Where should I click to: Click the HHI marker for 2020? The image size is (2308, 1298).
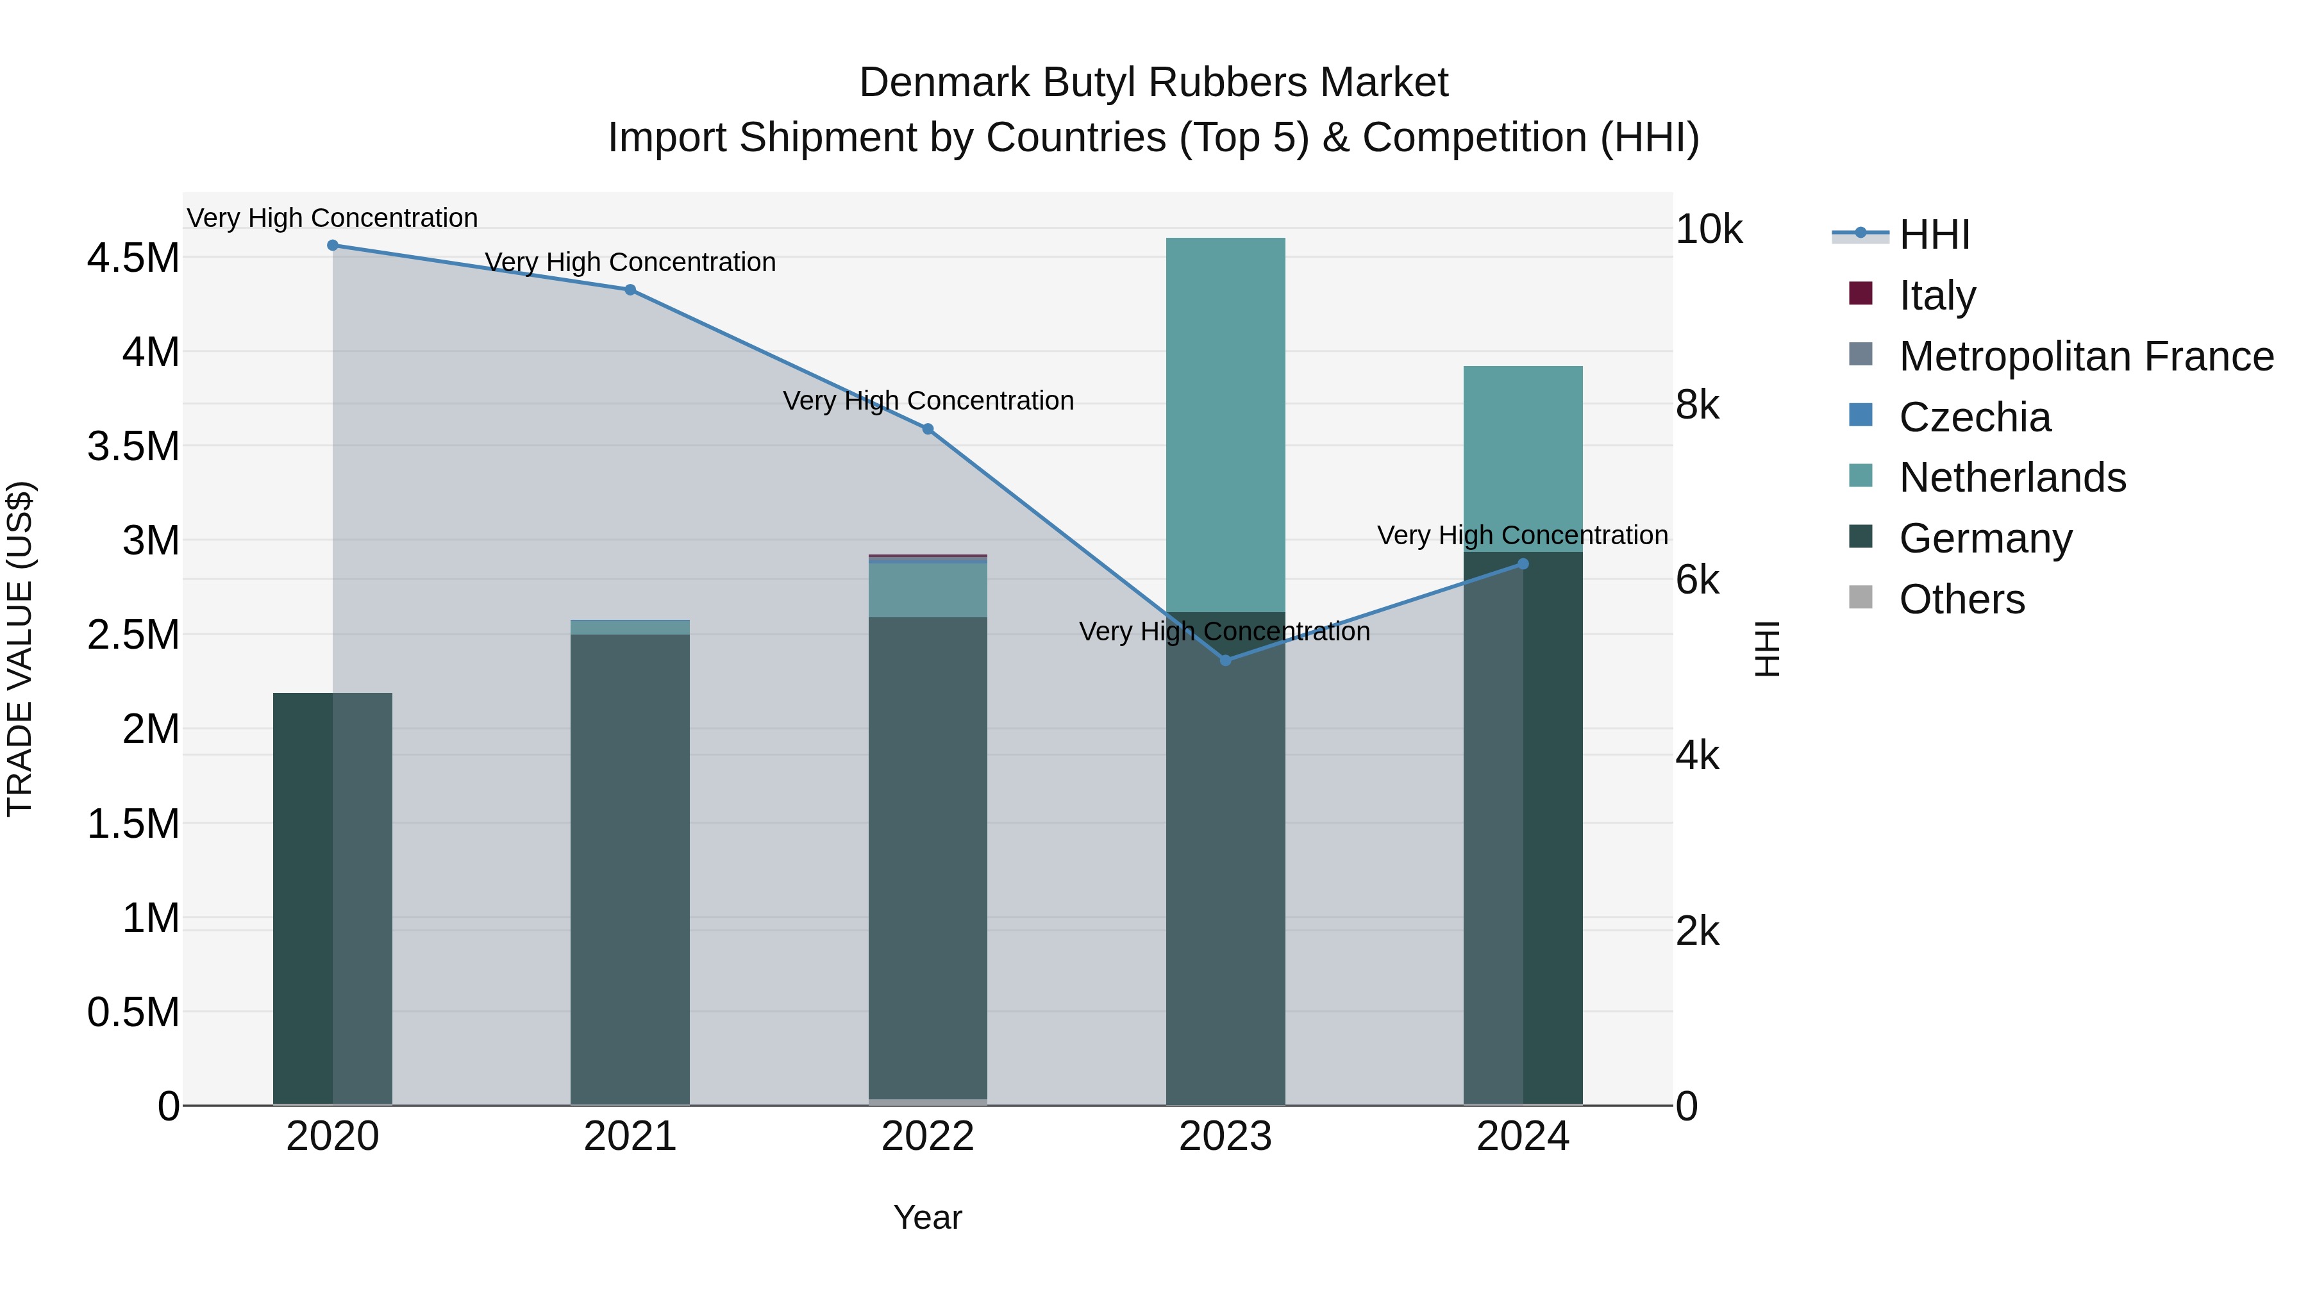pyautogui.click(x=332, y=245)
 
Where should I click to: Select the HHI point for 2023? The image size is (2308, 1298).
pyautogui.click(x=1226, y=660)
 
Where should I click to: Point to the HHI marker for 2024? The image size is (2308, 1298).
pyautogui.click(x=1523, y=564)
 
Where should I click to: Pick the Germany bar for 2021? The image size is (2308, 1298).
pyautogui.click(x=630, y=869)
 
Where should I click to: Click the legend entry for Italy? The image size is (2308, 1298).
pyautogui.click(x=1937, y=295)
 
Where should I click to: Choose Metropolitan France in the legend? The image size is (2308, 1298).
pyautogui.click(x=2086, y=356)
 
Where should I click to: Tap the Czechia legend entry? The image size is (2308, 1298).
pyautogui.click(x=1975, y=417)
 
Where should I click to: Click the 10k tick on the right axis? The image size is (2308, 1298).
pyautogui.click(x=1709, y=230)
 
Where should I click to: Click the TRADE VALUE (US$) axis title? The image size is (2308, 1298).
pyautogui.click(x=20, y=649)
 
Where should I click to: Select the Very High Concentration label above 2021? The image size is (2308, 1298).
pyautogui.click(x=630, y=262)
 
